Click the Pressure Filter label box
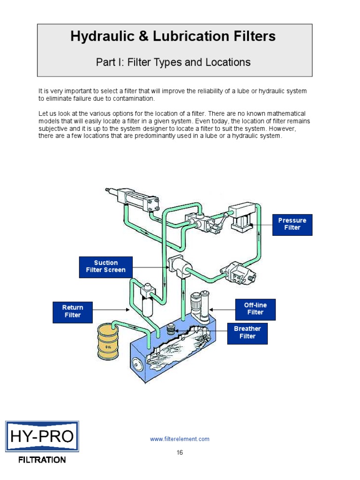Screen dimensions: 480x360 click(292, 224)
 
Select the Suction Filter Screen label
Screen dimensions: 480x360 click(105, 266)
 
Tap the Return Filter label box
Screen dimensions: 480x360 click(72, 312)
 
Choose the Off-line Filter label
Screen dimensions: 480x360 click(255, 309)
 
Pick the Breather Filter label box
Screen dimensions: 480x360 click(247, 332)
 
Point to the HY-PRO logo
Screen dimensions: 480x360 click(42, 437)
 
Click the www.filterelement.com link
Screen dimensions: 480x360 click(180, 439)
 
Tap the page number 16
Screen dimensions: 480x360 click(180, 452)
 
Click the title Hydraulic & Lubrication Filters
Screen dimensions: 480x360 click(173, 37)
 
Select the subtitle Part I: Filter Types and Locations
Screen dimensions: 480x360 click(173, 62)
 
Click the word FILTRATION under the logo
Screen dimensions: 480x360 click(42, 460)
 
